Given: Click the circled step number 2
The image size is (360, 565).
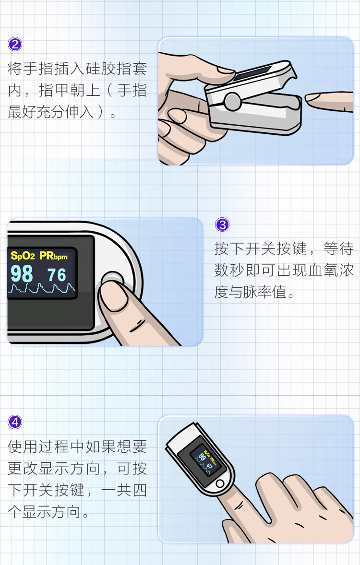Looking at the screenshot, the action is (15, 44).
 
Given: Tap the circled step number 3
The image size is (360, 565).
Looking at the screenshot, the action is (222, 224).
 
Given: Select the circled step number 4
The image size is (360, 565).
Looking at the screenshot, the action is (15, 422).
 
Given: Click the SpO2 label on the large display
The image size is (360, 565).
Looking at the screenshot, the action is (23, 256).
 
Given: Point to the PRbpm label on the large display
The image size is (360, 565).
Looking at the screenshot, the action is (53, 256).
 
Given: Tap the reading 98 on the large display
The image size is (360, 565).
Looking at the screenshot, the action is (22, 274).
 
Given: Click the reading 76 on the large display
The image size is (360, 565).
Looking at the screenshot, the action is (57, 275).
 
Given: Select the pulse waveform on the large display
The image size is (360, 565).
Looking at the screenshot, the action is (42, 288).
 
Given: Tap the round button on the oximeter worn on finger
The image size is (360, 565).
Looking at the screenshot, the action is (220, 483).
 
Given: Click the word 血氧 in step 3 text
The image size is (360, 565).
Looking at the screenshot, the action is (315, 270).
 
